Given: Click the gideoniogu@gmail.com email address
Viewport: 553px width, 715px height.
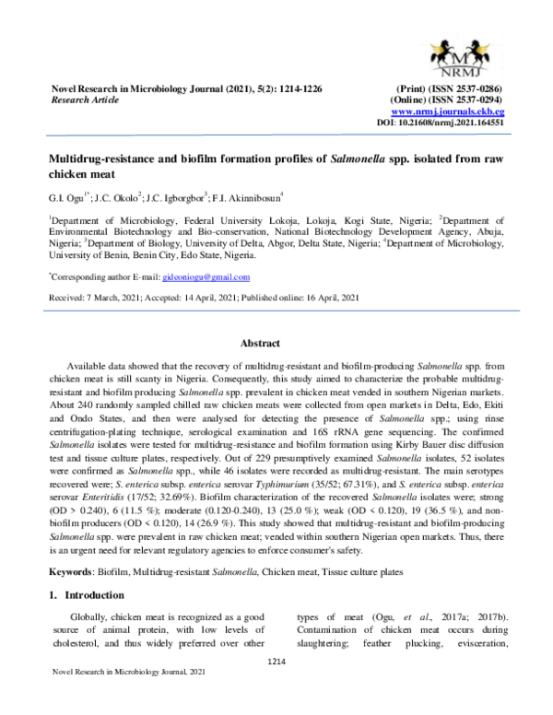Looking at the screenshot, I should coord(200,277).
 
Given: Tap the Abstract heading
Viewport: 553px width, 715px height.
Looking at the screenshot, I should coord(260,344).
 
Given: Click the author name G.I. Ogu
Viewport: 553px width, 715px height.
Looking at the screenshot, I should coord(66,197).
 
